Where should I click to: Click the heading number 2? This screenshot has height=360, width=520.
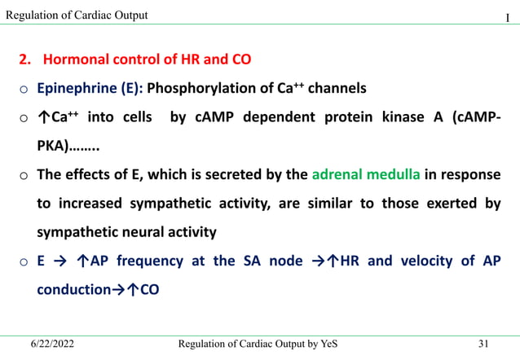(x=24, y=59)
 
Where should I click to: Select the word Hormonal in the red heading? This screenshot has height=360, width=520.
(x=75, y=59)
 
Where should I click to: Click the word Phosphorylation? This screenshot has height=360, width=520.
(x=198, y=88)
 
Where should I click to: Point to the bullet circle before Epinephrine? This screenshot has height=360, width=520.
(x=24, y=89)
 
